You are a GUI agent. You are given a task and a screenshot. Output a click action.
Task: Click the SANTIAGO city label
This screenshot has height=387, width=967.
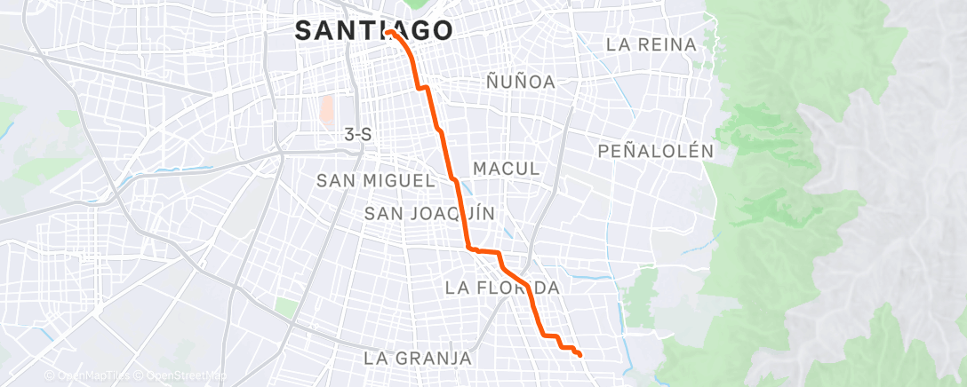(373, 31)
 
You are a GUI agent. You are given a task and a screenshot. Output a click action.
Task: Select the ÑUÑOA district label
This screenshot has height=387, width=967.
(521, 83)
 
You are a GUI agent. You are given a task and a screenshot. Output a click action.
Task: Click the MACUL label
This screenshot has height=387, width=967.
(506, 169)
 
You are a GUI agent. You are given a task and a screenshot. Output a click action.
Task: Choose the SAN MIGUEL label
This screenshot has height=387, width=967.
(375, 181)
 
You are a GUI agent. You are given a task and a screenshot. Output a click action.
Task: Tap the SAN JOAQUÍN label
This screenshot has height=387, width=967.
(429, 213)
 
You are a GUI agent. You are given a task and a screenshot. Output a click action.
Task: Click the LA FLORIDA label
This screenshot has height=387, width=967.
(502, 288)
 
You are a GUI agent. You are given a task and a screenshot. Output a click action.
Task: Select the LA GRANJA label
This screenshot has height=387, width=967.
(417, 359)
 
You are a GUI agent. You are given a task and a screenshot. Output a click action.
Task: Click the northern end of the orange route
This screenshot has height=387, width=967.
(388, 33)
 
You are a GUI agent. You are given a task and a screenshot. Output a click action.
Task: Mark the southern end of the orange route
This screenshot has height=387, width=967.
(579, 355)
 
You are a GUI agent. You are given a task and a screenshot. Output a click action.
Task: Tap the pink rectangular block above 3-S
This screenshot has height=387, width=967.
(326, 109)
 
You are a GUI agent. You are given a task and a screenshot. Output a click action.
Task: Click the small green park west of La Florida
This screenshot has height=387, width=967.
(285, 308)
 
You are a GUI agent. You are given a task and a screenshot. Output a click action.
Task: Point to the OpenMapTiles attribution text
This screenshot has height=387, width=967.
(87, 375)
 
